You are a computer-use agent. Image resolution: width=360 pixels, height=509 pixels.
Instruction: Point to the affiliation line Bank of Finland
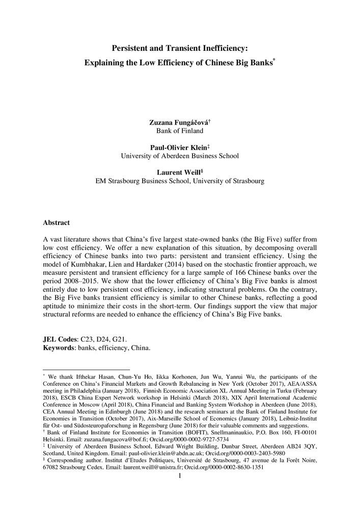tap(180, 131)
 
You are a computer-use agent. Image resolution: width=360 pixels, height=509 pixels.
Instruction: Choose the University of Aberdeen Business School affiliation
tap(180, 156)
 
